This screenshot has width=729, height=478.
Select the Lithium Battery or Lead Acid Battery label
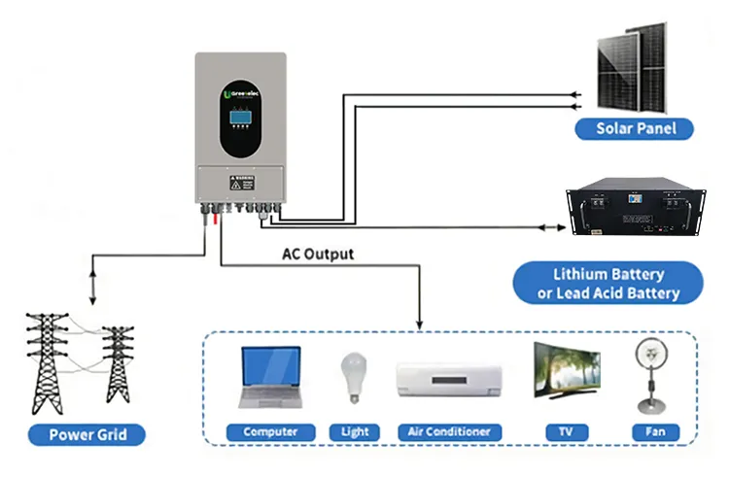coord(609,284)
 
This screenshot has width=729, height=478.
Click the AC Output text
coord(318,255)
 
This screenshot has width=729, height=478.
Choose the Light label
coord(355,431)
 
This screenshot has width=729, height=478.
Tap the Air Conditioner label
coord(448,431)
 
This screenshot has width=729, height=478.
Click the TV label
coord(561,431)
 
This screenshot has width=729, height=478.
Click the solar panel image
coord(632,64)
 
